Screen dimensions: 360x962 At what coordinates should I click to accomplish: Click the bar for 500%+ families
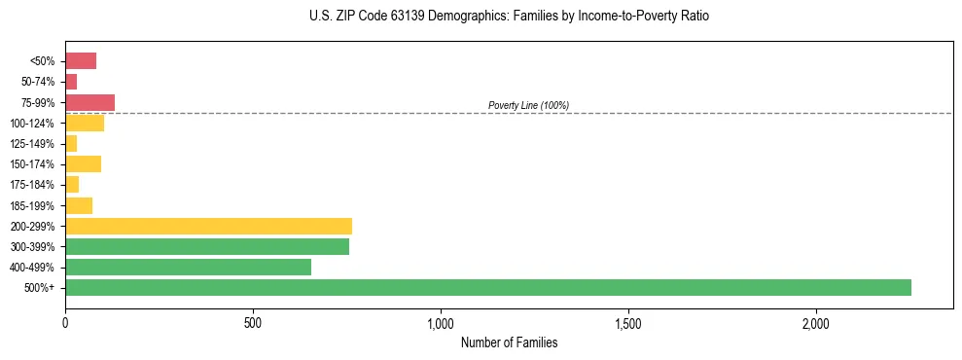click(487, 287)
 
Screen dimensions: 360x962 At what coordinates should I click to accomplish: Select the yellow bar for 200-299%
click(208, 226)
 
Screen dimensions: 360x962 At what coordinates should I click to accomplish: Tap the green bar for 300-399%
click(206, 246)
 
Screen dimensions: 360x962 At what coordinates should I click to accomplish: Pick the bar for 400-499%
click(188, 267)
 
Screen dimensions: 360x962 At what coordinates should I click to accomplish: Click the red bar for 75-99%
click(89, 102)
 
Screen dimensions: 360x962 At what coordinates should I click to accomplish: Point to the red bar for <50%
click(81, 61)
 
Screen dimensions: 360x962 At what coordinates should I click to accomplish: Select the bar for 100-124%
click(85, 123)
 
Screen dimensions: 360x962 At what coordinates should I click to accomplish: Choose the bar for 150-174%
click(83, 163)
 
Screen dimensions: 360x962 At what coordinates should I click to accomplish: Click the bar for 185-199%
click(79, 205)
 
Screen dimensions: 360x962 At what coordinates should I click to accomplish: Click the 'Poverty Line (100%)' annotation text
click(528, 105)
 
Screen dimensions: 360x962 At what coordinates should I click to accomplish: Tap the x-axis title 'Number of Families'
click(509, 342)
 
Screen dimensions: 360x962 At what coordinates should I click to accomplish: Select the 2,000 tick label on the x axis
click(816, 322)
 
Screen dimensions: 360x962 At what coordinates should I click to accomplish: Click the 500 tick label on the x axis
click(253, 322)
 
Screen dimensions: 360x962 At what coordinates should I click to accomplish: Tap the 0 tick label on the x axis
click(65, 322)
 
